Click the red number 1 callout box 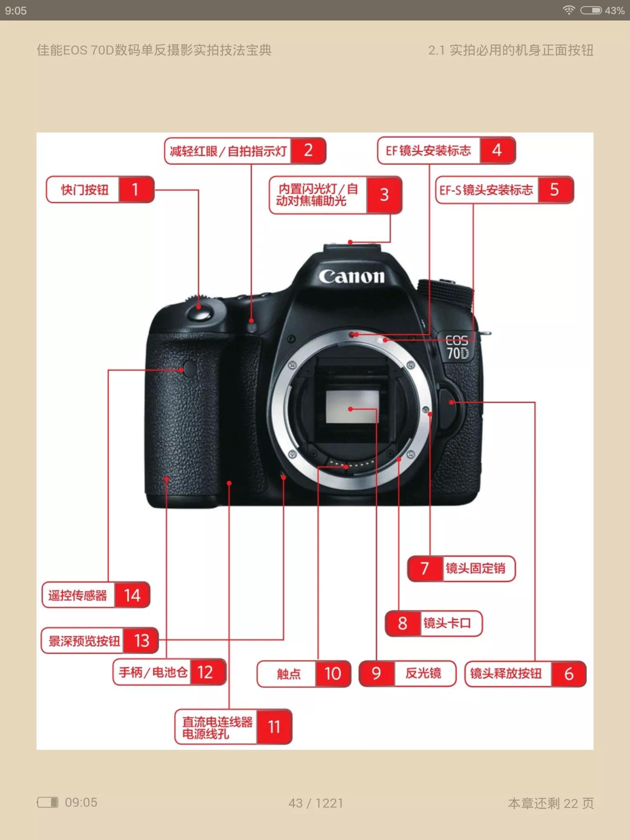tap(135, 189)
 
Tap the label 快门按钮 tap(85, 190)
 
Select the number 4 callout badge tap(497, 151)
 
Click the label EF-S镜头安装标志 tap(486, 190)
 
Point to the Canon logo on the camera tap(352, 276)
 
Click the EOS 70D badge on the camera tap(457, 347)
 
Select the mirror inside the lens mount tap(352, 406)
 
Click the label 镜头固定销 tap(475, 568)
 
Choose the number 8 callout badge tap(403, 623)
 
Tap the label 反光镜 tap(423, 673)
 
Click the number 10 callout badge tap(333, 673)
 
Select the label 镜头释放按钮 tap(506, 673)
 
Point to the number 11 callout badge tap(274, 727)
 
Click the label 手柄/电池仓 tap(153, 672)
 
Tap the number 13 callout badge tap(142, 641)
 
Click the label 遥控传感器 tap(78, 595)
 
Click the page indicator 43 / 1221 tap(316, 803)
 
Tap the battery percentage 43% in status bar tap(614, 11)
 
